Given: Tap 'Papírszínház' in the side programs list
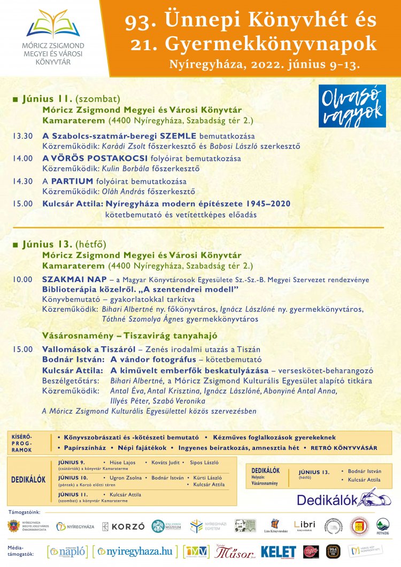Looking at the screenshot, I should point(84,447).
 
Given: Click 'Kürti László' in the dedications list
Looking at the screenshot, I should point(207,478).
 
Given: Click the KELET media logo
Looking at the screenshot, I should point(278,552).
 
